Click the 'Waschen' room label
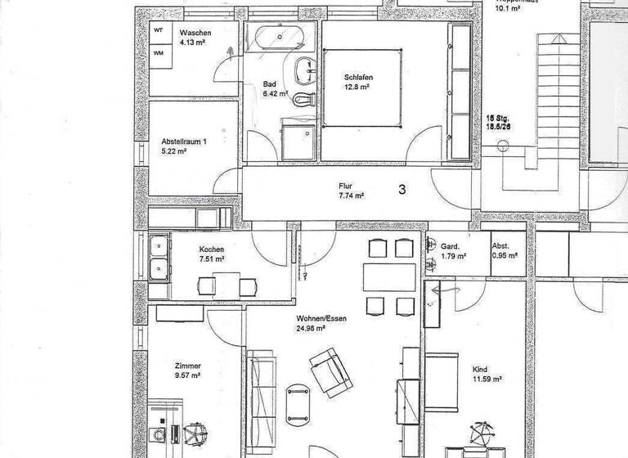[195, 32]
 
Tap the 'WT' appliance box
[159, 29]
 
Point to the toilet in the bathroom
[304, 99]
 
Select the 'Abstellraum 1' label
[184, 141]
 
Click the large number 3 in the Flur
[402, 189]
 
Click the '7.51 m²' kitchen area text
[210, 260]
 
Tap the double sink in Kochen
[159, 256]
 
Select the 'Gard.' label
[450, 246]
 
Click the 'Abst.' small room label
[500, 246]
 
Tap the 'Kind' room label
[480, 369]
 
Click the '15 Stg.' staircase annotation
[498, 118]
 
